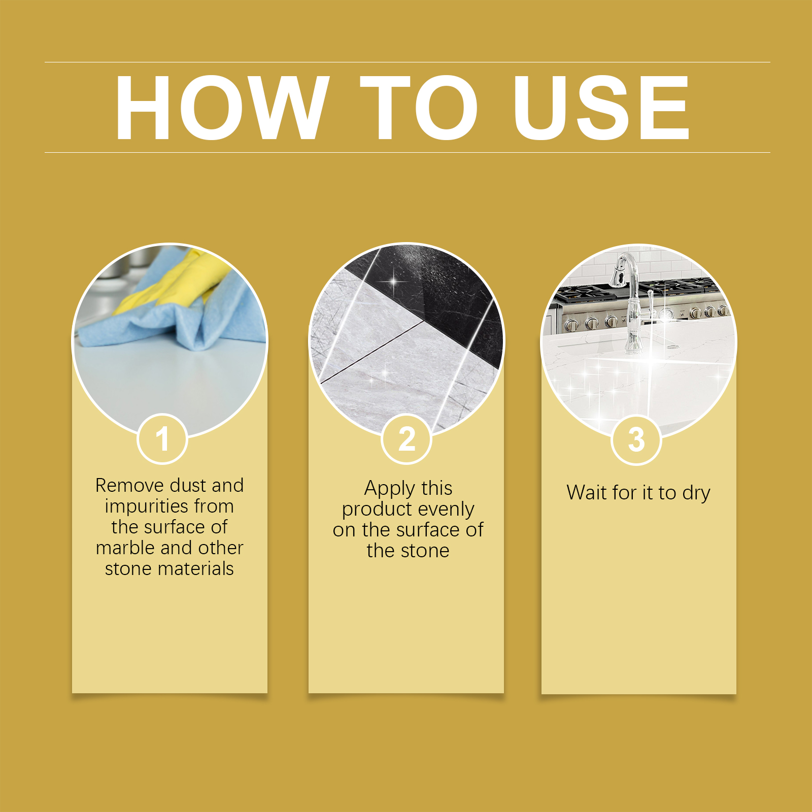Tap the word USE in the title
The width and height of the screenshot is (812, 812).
point(601,107)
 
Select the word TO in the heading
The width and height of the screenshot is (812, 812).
point(419,107)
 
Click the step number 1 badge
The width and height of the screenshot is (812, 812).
point(162,439)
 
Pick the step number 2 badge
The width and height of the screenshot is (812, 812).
point(407,439)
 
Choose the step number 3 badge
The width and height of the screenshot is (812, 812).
point(636,439)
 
